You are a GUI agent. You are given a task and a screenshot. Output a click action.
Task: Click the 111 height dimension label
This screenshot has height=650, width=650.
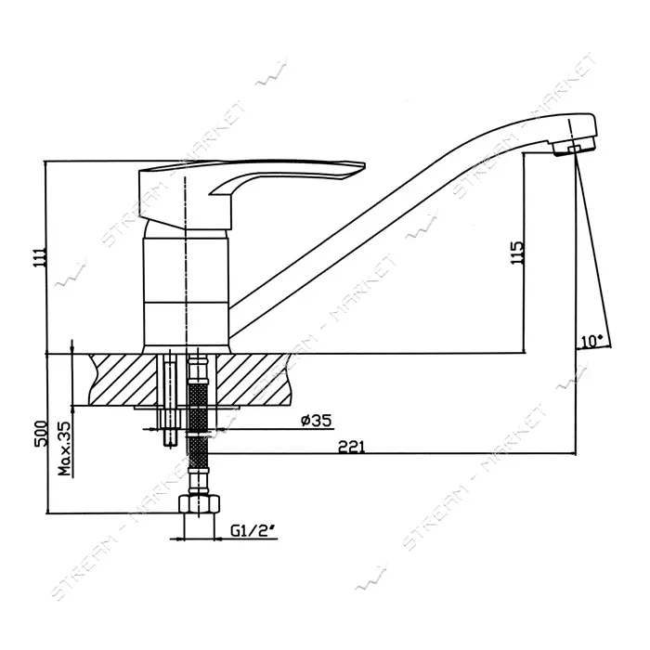tap(40, 257)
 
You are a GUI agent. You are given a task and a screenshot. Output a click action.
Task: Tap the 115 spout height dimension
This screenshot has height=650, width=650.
tap(517, 253)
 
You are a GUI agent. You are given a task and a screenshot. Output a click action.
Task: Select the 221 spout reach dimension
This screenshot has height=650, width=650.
tap(352, 447)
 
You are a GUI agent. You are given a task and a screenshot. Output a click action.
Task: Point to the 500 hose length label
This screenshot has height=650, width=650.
tap(40, 434)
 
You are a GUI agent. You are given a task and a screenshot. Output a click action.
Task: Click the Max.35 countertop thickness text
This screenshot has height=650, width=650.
tap(65, 448)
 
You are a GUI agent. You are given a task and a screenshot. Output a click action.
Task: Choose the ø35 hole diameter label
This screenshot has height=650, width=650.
tap(317, 421)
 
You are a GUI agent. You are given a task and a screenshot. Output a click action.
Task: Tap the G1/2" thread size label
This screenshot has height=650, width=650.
tap(253, 531)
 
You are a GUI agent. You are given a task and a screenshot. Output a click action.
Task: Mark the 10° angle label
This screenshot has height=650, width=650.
tap(591, 341)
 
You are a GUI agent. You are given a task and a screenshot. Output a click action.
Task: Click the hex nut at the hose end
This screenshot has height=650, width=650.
tap(200, 504)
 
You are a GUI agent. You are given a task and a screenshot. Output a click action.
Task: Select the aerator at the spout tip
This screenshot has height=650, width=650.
tap(574, 148)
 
